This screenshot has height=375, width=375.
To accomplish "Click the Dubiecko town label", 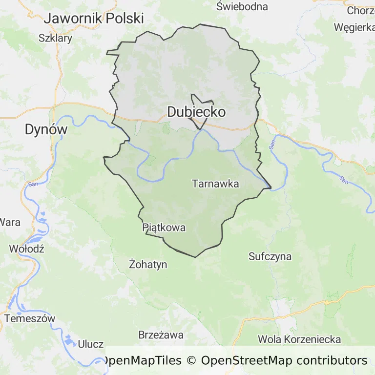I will (x=196, y=112).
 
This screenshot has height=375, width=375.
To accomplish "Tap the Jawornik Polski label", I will (x=94, y=19).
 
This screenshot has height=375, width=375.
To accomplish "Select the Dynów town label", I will (x=46, y=129).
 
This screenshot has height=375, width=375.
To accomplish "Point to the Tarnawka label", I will (x=215, y=184).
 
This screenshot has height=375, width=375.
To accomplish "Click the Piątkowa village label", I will (x=164, y=228).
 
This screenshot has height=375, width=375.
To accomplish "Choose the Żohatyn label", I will (x=148, y=265).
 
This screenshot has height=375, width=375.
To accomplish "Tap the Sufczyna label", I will (x=270, y=256).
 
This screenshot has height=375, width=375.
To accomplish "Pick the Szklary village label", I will (x=55, y=38).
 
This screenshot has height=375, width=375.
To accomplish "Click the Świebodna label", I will (x=242, y=6).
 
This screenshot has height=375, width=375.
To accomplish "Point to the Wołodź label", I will (x=27, y=249).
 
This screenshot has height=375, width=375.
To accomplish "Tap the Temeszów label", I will (x=30, y=318).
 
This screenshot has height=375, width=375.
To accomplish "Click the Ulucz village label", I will (x=90, y=344).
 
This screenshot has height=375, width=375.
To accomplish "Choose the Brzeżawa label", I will (x=161, y=335).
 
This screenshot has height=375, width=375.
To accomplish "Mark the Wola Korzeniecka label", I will (x=300, y=339).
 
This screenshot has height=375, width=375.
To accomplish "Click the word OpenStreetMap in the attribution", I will (x=247, y=361).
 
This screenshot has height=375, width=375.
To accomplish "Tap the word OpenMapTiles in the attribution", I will (x=143, y=361).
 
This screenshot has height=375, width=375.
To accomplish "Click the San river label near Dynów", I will (x=33, y=184).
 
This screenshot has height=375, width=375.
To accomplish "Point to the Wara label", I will (x=10, y=222).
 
